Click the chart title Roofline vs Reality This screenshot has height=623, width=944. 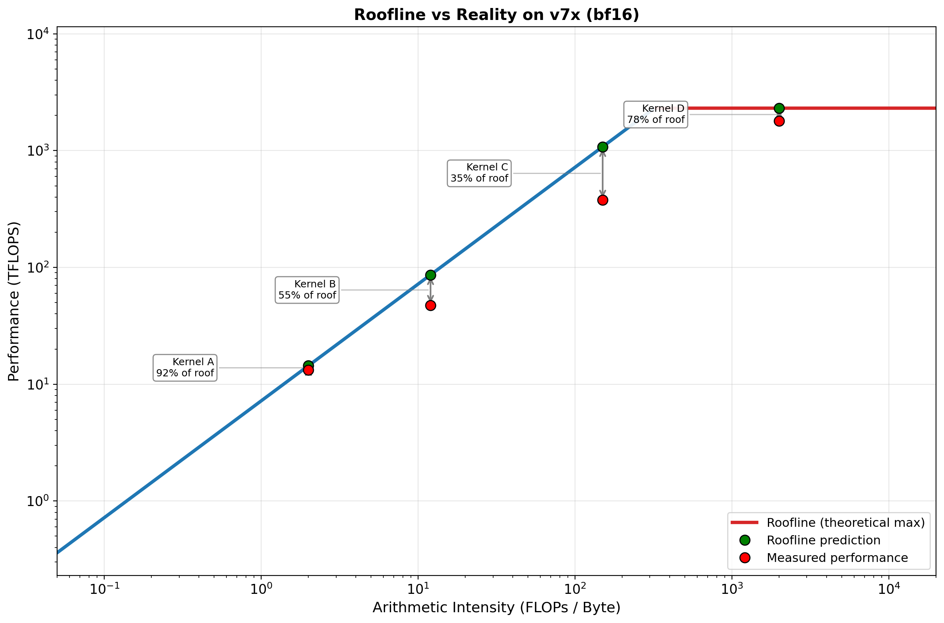tap(496, 15)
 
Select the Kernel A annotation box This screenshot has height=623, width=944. tap(185, 368)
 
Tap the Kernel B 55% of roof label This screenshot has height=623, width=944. tap(307, 290)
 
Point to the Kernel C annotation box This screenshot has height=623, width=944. tap(479, 173)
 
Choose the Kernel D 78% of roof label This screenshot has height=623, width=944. tap(656, 115)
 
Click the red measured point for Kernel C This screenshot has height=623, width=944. tap(603, 200)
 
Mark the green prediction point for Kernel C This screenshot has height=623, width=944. tap(603, 147)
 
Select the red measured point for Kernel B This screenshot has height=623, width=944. tap(430, 305)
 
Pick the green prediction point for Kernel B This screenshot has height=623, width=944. tap(430, 275)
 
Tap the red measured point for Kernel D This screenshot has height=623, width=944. tap(779, 121)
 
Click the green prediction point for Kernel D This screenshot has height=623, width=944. tap(779, 108)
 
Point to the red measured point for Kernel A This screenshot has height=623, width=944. tap(308, 370)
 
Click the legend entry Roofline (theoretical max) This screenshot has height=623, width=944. tap(845, 522)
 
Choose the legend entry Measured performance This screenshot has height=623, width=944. tap(837, 558)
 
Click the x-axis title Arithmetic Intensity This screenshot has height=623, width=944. tap(496, 607)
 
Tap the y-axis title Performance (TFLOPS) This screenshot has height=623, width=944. tap(14, 301)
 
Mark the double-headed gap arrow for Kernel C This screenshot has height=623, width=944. tap(603, 174)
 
